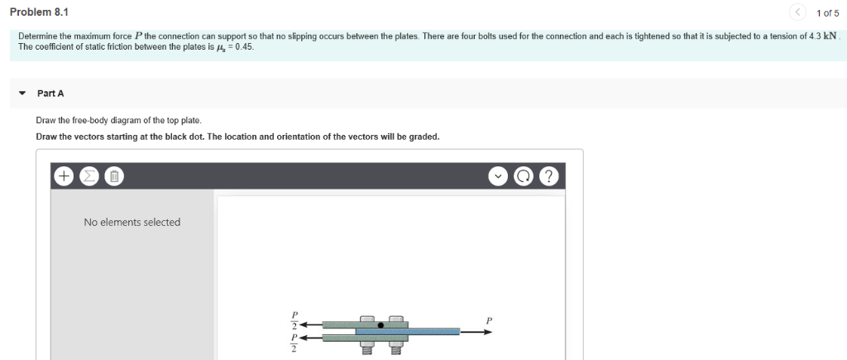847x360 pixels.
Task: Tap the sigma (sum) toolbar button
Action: coord(90,176)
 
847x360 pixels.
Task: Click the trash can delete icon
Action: coord(116,176)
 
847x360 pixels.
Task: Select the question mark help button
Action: coord(548,176)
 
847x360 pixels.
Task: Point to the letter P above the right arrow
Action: coord(489,319)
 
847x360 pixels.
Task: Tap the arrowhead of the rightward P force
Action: coord(488,332)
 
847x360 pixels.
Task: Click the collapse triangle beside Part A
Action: coord(23,93)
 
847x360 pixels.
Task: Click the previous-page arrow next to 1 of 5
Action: coord(797,12)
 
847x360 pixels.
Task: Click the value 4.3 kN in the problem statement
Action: coord(819,37)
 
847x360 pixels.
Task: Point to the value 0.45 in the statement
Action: coord(243,47)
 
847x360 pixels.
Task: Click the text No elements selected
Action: coord(132,222)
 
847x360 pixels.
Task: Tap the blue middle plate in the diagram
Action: coord(430,331)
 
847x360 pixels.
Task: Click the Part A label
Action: coord(50,93)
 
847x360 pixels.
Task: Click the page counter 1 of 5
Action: coord(827,12)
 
